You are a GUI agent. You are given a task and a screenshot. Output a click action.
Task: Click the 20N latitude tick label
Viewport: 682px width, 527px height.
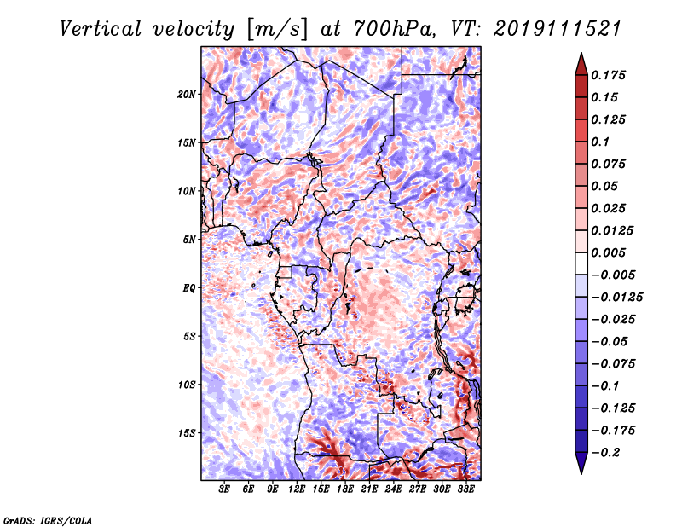(187, 94)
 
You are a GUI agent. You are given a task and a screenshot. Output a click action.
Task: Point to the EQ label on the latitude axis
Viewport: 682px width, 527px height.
(189, 288)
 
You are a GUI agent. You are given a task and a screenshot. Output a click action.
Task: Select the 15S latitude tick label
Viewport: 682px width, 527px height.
(187, 433)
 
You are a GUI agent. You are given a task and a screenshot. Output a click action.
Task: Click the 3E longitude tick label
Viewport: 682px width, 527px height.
(225, 489)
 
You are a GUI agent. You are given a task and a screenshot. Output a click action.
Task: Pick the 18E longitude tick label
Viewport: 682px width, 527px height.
(345, 489)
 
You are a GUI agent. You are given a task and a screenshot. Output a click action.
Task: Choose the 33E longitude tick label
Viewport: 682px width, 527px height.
(465, 489)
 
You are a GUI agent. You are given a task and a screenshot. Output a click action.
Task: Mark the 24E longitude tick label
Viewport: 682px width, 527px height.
(393, 489)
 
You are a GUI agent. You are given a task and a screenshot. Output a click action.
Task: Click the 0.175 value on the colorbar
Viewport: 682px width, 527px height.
(611, 75)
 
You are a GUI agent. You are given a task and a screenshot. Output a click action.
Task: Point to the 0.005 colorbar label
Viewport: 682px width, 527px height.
(611, 252)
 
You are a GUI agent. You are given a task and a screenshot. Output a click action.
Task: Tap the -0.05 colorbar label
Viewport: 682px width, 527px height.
(610, 341)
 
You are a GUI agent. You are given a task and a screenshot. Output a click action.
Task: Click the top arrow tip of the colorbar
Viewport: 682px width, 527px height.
(580, 55)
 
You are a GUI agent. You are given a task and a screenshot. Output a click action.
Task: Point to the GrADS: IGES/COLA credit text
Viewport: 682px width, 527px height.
(47, 518)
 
